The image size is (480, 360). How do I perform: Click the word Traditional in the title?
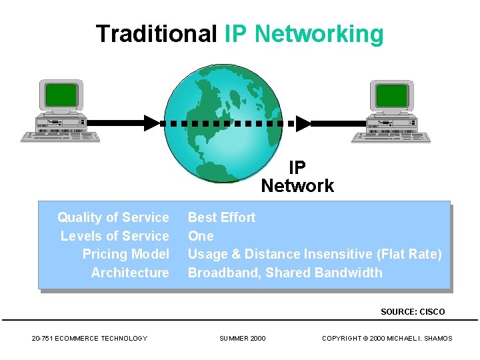coord(157,33)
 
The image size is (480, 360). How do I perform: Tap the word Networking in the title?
coord(319,33)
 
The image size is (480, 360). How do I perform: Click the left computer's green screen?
coord(61,95)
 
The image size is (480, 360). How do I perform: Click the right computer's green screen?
coord(391,95)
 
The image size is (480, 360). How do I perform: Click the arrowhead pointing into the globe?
coord(152,123)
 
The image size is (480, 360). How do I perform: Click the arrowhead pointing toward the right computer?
coord(303,123)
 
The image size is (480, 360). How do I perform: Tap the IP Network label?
coord(297,177)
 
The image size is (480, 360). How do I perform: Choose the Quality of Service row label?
coord(113,217)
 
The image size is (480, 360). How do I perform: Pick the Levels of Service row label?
coord(115,236)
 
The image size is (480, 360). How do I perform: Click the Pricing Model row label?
coord(126,254)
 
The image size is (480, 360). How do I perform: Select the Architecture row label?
coord(130,273)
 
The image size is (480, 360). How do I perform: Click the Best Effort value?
coord(221,217)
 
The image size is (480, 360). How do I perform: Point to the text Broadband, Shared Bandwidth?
coord(285,273)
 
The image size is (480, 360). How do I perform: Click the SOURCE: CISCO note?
coord(413,311)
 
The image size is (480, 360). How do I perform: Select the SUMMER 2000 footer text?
coord(243,339)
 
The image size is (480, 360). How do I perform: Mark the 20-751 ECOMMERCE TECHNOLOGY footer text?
coord(89,339)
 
